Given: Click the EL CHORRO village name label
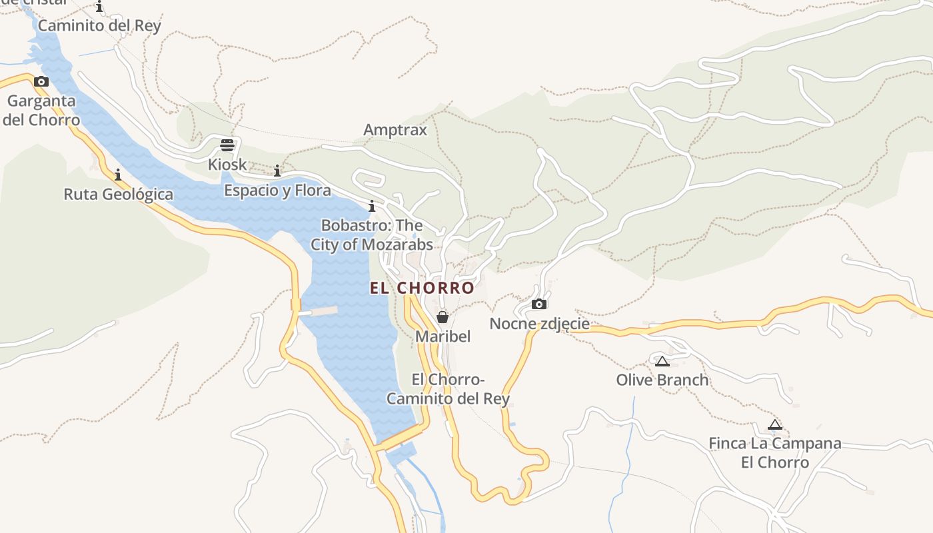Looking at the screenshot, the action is [x=422, y=288].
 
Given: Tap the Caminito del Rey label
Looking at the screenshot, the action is [x=99, y=26].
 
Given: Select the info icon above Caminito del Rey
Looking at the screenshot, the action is [x=99, y=7].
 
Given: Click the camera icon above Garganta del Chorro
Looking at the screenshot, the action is [x=41, y=82].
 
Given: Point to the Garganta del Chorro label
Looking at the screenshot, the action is [x=41, y=111].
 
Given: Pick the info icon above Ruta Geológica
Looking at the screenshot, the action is [x=118, y=175].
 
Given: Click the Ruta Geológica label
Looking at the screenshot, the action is [x=118, y=195].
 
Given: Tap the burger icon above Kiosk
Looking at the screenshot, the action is [x=227, y=145].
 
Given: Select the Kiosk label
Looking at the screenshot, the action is [x=227, y=164].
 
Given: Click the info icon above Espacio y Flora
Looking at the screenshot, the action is [x=277, y=171].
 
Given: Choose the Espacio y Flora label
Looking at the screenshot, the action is [x=277, y=191].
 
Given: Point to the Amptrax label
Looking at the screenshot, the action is [x=395, y=129].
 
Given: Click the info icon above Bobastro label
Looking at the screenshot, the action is [x=372, y=206].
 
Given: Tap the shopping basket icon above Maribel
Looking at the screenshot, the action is [x=443, y=317].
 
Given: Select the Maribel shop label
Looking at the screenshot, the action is [x=443, y=336].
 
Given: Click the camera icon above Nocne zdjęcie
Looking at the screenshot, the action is [x=539, y=304].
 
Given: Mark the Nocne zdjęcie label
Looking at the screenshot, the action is [x=539, y=324].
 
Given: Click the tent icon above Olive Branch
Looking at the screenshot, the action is [x=662, y=361].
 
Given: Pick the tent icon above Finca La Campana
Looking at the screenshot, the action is [x=774, y=424].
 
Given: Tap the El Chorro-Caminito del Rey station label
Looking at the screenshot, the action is [x=448, y=389].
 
